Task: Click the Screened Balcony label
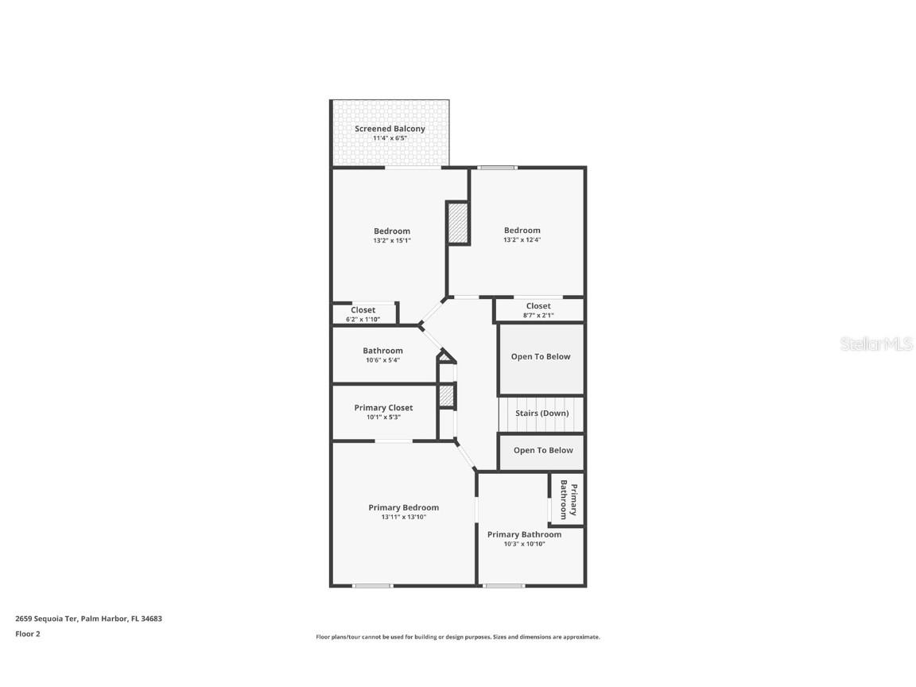click(x=390, y=128)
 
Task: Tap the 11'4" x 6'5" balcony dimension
click(x=390, y=138)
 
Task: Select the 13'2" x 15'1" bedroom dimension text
click(x=392, y=240)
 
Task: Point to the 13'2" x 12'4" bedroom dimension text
click(x=522, y=240)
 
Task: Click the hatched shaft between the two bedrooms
click(x=457, y=223)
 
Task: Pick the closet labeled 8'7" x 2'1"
click(x=538, y=310)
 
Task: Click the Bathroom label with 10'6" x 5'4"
click(x=382, y=351)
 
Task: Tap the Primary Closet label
click(x=383, y=408)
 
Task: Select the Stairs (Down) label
click(x=541, y=413)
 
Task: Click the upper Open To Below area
click(x=541, y=357)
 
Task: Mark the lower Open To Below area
click(x=543, y=450)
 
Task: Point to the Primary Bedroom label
click(x=403, y=507)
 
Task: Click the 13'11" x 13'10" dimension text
click(x=403, y=518)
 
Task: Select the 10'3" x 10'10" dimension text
click(x=524, y=545)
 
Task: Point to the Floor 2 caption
click(x=27, y=634)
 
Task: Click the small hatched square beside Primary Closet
click(x=447, y=395)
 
